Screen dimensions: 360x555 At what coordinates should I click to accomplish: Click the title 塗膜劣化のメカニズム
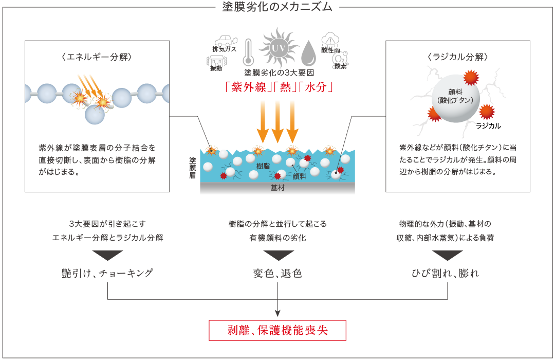[x=277, y=7]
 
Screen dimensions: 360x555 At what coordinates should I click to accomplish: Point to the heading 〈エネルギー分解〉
[x=97, y=57]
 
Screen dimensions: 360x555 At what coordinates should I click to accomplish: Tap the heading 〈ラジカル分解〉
[x=457, y=57]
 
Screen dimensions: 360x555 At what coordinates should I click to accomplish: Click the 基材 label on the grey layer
[x=277, y=188]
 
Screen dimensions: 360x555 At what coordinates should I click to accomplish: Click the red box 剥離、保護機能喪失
[x=277, y=331]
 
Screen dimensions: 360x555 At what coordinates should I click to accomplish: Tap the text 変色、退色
[x=277, y=273]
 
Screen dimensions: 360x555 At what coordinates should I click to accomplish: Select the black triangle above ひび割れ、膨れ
[x=447, y=255]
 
